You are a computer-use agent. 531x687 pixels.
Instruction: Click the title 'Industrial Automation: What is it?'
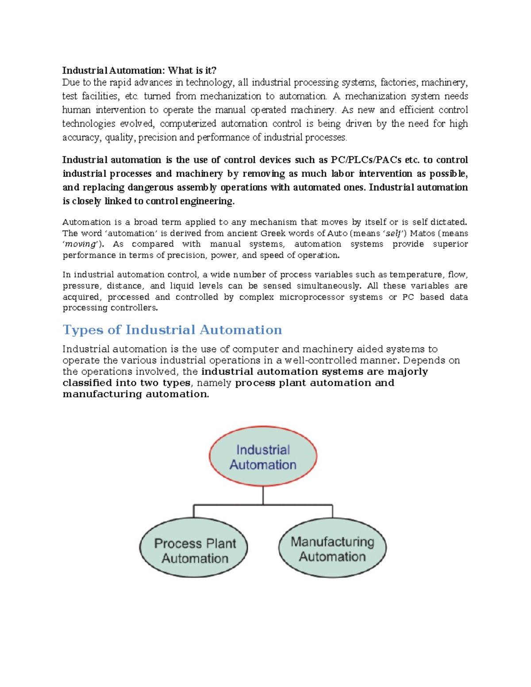pyautogui.click(x=139, y=70)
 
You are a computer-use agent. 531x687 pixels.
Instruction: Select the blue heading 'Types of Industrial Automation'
pyautogui.click(x=172, y=330)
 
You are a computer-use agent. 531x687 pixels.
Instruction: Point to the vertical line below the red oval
pyautogui.click(x=263, y=495)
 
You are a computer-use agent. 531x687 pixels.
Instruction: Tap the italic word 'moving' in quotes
pyautogui.click(x=81, y=244)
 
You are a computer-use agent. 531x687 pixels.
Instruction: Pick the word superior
pyautogui.click(x=450, y=244)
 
